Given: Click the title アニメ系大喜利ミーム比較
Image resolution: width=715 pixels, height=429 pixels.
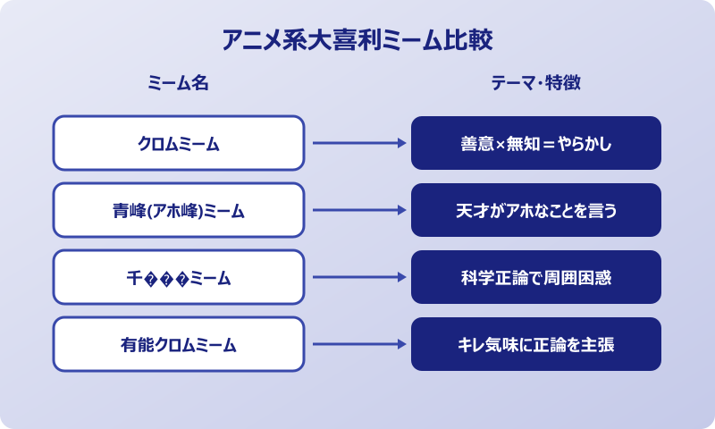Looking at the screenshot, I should coord(357,41).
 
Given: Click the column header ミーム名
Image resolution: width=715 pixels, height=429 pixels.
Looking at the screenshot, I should coord(178,83).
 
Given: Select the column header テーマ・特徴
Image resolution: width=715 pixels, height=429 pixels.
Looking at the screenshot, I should coord(536,83).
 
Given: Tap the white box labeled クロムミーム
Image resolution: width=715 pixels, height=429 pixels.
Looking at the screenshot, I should coord(179,143).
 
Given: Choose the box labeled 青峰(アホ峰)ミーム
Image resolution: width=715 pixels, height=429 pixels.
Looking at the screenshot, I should coord(179,211).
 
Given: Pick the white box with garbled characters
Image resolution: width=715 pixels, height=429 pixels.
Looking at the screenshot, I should coord(179,278).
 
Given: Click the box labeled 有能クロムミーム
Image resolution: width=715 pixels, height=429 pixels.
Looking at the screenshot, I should coord(179,344).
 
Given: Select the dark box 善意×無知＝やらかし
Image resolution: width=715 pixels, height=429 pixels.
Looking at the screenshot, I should coord(536,143).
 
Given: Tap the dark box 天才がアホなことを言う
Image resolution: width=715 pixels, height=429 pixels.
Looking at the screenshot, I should coord(536,211).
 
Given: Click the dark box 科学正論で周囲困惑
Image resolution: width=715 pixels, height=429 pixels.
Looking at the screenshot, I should coord(536,278).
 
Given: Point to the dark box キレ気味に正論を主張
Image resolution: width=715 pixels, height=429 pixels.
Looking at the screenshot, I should coord(536,344).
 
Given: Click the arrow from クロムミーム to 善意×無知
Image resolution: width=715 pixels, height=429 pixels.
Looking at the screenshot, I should coord(357,143).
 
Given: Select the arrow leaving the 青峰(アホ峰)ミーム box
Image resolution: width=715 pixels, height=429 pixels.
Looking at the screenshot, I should coord(357,211).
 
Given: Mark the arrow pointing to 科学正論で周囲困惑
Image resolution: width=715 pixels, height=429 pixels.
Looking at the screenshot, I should coord(357,278).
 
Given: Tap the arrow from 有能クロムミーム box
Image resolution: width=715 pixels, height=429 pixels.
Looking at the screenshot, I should coord(357,344).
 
